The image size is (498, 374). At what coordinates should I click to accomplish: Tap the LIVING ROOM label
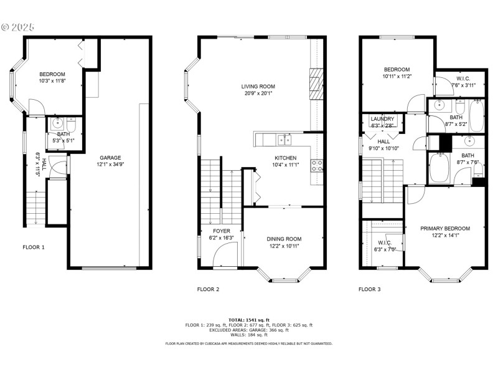pyautogui.click(x=258, y=87)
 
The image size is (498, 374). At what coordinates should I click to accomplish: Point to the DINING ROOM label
pyautogui.click(x=284, y=239)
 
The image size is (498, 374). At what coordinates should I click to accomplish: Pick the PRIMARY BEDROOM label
pyautogui.click(x=444, y=229)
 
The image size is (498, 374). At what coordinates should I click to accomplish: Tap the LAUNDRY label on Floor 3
pyautogui.click(x=382, y=118)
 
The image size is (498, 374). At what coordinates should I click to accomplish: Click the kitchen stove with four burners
pyautogui.click(x=317, y=166)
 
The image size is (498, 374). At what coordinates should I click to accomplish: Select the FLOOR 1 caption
pyautogui.click(x=34, y=247)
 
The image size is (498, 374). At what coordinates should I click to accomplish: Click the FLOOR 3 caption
pyautogui.click(x=370, y=289)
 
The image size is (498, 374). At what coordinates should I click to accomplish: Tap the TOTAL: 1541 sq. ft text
pyautogui.click(x=249, y=319)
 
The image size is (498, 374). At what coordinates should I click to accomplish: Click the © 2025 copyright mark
pyautogui.click(x=18, y=27)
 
